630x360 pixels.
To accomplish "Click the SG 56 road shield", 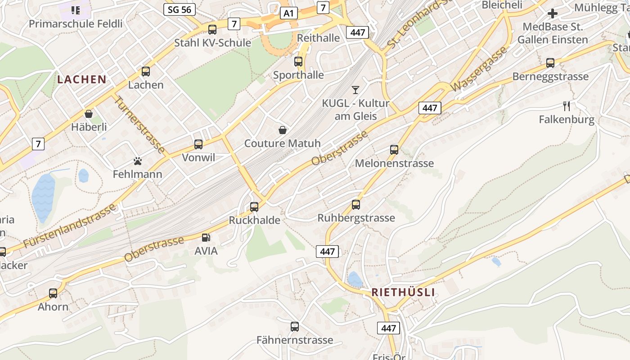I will pos(180,9).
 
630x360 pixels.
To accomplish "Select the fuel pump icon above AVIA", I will pos(206,237).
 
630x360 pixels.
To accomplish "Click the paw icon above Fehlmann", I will pos(138,161).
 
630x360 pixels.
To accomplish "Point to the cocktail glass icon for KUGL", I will pos(355,90).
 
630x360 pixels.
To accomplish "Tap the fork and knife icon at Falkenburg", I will pos(567,106).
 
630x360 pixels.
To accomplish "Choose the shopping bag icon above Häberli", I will pos(89,114).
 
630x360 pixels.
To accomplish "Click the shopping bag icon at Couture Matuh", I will pos(283,130).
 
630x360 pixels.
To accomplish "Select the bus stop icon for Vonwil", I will pos(198,144).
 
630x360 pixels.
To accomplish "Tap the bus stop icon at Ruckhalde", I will pos(254,207).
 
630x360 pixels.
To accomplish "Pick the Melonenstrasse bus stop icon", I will pos(394,150).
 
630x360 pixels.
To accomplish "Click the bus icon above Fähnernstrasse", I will pos(295,327).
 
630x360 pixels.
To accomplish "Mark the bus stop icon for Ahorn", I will pos(53,293).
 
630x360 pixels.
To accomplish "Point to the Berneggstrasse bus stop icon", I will pos(550,63).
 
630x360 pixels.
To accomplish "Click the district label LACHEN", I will pos(82,80).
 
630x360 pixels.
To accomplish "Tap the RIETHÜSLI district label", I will pos(403,292).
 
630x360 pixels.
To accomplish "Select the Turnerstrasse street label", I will pos(139,124).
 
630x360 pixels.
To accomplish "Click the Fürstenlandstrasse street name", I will pos(70,226).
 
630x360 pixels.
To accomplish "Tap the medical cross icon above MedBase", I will pos(553,13).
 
